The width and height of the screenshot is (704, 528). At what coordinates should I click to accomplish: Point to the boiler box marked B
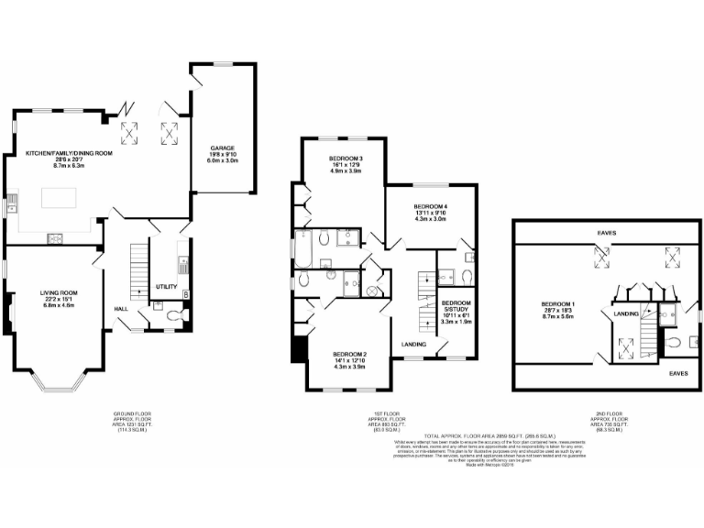coord(186,293)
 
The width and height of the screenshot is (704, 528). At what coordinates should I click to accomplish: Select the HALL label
coord(121,309)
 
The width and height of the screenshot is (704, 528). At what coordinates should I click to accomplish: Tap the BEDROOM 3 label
coord(346,159)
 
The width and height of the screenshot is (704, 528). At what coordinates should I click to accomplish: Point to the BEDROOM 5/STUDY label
coord(456,306)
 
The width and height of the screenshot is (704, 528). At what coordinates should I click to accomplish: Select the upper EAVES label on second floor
coord(604,233)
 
